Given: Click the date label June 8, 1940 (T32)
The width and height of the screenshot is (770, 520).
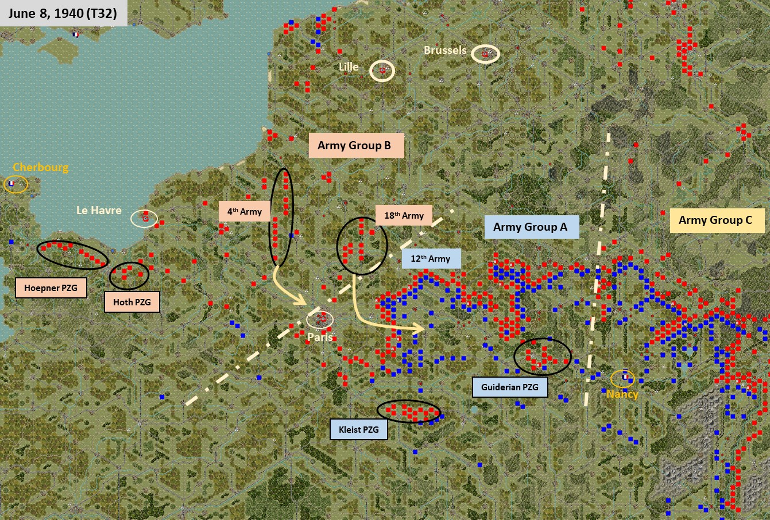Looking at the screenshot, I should pyautogui.click(x=63, y=13).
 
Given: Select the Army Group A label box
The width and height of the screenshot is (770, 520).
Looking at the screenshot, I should pyautogui.click(x=531, y=227).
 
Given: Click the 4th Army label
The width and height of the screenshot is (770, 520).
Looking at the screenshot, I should pyautogui.click(x=245, y=212).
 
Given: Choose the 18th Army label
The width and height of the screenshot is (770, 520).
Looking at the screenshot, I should pyautogui.click(x=404, y=216).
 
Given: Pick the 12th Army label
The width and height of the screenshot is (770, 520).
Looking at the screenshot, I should pyautogui.click(x=431, y=259).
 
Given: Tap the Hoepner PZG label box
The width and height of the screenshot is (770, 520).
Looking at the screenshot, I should pyautogui.click(x=51, y=288).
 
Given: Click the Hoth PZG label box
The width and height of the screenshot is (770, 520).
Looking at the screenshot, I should pyautogui.click(x=131, y=302).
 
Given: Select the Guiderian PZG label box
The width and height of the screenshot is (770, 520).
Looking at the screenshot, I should pyautogui.click(x=510, y=387).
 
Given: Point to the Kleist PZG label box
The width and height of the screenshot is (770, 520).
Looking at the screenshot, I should pyautogui.click(x=358, y=429).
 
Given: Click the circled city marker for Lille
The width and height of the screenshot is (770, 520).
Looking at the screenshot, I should pyautogui.click(x=382, y=70).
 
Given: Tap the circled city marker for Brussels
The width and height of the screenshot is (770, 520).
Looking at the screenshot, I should pyautogui.click(x=485, y=54).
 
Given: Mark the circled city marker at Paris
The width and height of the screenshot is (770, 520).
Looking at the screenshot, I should pyautogui.click(x=320, y=319).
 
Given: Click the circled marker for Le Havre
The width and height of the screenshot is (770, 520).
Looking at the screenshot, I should pyautogui.click(x=144, y=218).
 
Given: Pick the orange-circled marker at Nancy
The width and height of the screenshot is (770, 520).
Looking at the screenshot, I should pyautogui.click(x=622, y=378).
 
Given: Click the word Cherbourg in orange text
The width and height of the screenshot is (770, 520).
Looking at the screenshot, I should pyautogui.click(x=40, y=168).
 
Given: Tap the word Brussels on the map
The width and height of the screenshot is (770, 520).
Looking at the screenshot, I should pyautogui.click(x=445, y=51).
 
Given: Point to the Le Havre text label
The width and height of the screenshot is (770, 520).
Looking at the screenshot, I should pyautogui.click(x=99, y=211).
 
